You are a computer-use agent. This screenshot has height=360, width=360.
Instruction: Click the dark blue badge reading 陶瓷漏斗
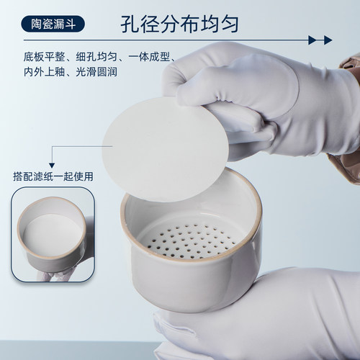point(53,24)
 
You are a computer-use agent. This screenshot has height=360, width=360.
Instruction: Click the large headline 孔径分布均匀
point(179,24)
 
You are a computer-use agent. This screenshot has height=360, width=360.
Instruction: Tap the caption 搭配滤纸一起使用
point(53,176)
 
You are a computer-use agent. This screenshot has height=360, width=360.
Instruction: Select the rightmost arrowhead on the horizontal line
point(328,40)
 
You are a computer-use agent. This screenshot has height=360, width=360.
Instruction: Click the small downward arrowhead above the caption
point(52,166)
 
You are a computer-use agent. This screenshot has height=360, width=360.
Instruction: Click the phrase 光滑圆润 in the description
point(96,72)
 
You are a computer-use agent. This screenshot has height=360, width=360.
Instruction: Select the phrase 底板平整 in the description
point(44,57)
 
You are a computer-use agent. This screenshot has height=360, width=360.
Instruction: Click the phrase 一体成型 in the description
point(149,57)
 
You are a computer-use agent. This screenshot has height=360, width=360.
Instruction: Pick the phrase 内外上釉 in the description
point(44,72)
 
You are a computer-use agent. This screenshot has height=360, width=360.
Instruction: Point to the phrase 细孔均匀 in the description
point(96,57)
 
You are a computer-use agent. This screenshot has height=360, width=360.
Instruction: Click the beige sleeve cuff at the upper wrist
point(351,65)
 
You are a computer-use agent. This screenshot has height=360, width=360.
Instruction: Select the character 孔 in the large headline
point(130,24)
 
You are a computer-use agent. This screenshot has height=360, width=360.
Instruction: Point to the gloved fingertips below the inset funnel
point(53,276)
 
